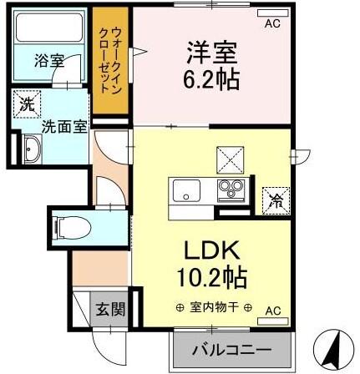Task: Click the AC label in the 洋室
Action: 271,23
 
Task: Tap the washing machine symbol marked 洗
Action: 27,105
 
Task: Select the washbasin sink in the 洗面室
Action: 33,152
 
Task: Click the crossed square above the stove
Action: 230,158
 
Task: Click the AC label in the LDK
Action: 272,311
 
